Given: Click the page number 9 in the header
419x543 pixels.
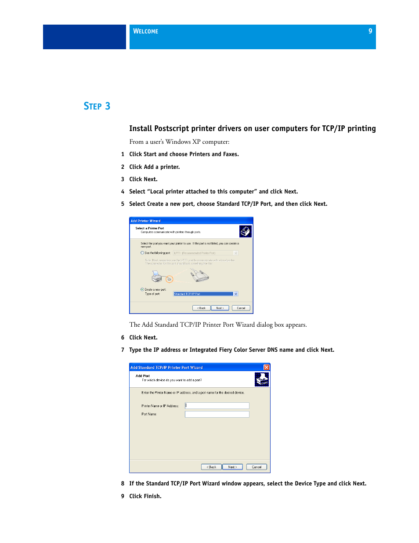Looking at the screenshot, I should click(x=370, y=31).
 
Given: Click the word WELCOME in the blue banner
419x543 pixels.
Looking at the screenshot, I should click(x=145, y=31).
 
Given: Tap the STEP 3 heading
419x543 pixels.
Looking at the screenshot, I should click(x=97, y=106).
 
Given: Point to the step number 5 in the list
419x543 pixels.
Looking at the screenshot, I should click(x=123, y=204).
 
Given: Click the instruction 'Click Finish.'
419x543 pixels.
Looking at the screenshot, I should click(x=145, y=496).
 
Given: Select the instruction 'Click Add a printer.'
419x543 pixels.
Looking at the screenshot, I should click(x=154, y=167).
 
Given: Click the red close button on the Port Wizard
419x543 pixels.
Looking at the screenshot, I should click(x=266, y=367).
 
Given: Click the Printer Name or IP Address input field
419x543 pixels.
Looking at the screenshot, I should click(x=217, y=406).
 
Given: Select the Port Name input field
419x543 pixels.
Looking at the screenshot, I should click(x=217, y=414).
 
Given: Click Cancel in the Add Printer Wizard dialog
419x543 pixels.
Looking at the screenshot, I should click(x=241, y=308).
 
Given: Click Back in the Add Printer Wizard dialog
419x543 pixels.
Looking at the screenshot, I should click(x=201, y=308).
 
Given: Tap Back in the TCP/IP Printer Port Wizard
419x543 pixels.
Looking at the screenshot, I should click(x=211, y=467).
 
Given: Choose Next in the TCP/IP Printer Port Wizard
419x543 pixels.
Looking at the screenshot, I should click(x=232, y=467).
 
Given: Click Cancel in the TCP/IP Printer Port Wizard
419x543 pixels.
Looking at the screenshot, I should click(x=256, y=467).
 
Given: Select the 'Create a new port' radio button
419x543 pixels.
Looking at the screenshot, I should click(x=142, y=289).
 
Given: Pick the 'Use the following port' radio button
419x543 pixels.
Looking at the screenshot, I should click(x=142, y=253).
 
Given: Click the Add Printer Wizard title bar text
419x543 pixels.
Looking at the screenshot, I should click(x=146, y=221).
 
